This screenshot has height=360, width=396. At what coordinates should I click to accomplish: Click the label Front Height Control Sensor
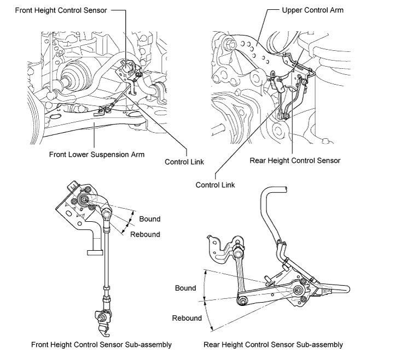[x=61, y=10]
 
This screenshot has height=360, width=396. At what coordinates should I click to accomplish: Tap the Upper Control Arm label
[x=313, y=10]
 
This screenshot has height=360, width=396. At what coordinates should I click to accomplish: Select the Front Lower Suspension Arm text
[x=97, y=155]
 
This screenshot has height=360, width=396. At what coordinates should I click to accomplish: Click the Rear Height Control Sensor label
[x=295, y=161]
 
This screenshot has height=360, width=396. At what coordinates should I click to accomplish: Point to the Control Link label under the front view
[x=184, y=162]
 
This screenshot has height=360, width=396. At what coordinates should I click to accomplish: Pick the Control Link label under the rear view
[x=215, y=185]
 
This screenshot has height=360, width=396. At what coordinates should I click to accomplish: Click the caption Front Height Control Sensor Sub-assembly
[x=101, y=345]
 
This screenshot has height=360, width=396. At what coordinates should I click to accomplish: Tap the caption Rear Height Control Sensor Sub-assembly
[x=273, y=345]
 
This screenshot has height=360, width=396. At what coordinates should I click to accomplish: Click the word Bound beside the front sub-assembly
[x=150, y=219]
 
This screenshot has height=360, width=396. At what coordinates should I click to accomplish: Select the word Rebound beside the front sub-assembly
[x=145, y=234]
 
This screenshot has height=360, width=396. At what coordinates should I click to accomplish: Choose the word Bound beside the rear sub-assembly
[x=185, y=288]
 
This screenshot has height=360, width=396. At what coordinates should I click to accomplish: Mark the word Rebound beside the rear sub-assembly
[x=187, y=318]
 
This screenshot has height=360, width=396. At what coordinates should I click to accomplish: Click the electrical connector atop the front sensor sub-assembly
[x=72, y=187]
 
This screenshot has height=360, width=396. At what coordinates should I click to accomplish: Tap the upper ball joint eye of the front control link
[x=106, y=215]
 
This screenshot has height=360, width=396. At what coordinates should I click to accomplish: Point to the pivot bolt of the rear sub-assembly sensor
[x=299, y=290]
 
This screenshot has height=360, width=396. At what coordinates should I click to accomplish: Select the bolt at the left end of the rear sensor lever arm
[x=242, y=301]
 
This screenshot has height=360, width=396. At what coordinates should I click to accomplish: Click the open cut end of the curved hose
[x=286, y=190]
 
